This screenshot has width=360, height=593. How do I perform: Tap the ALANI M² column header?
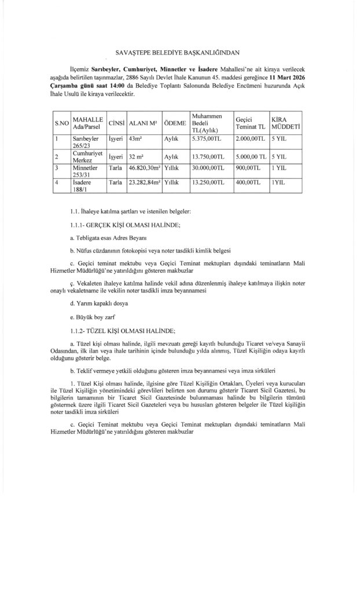(x=144, y=123)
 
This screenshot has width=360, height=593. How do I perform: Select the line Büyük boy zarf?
(x=92, y=317)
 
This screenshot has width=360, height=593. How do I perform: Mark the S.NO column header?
(x=61, y=123)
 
